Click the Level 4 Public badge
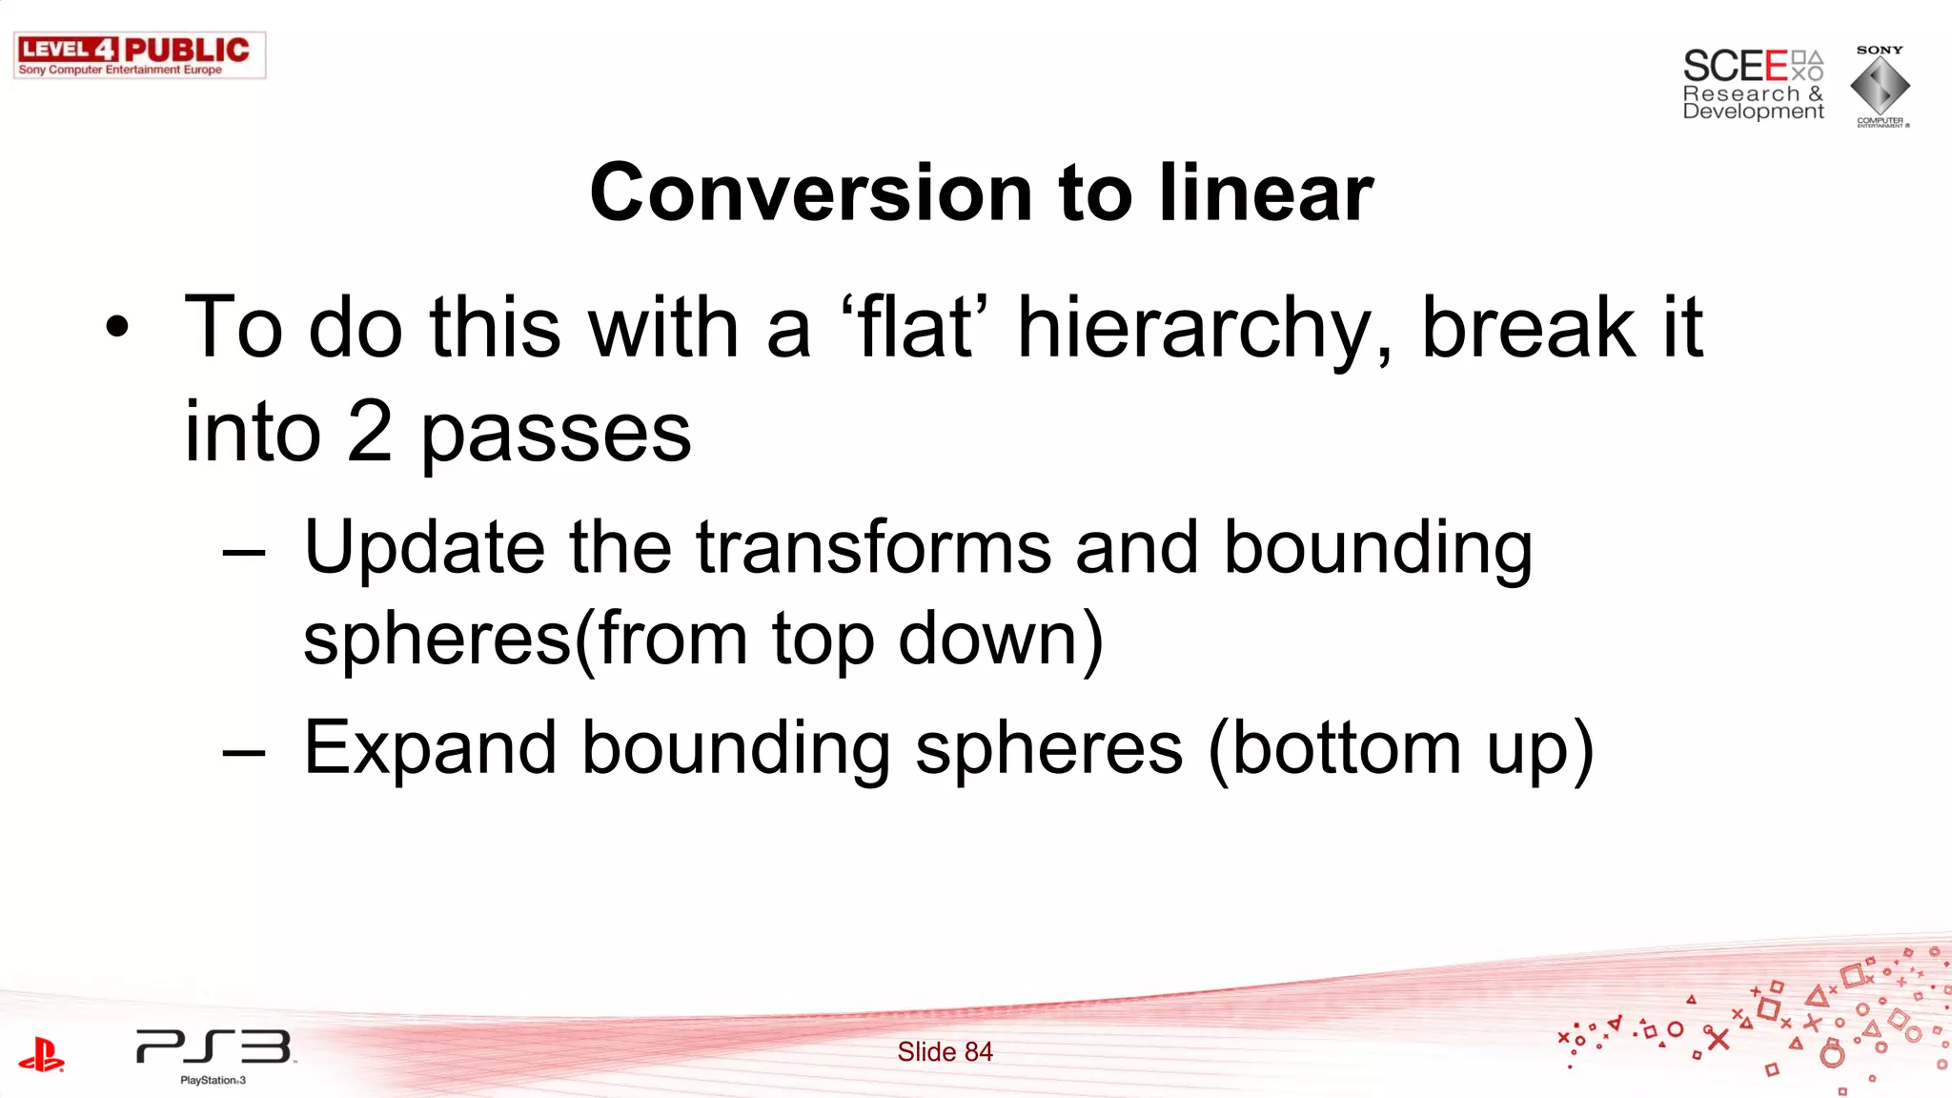pos(139,55)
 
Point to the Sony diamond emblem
pos(1880,86)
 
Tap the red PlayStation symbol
pos(41,1054)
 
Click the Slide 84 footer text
pos(945,1051)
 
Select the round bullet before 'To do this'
pos(117,327)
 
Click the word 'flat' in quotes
pos(914,327)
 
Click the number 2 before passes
pos(369,432)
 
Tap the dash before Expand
pos(244,752)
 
